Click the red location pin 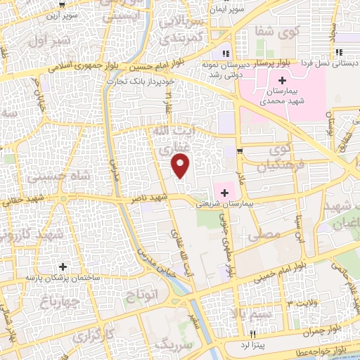(181, 166)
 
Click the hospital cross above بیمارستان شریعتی (225, 191)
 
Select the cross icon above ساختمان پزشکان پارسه (63, 266)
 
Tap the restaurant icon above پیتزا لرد (253, 333)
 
